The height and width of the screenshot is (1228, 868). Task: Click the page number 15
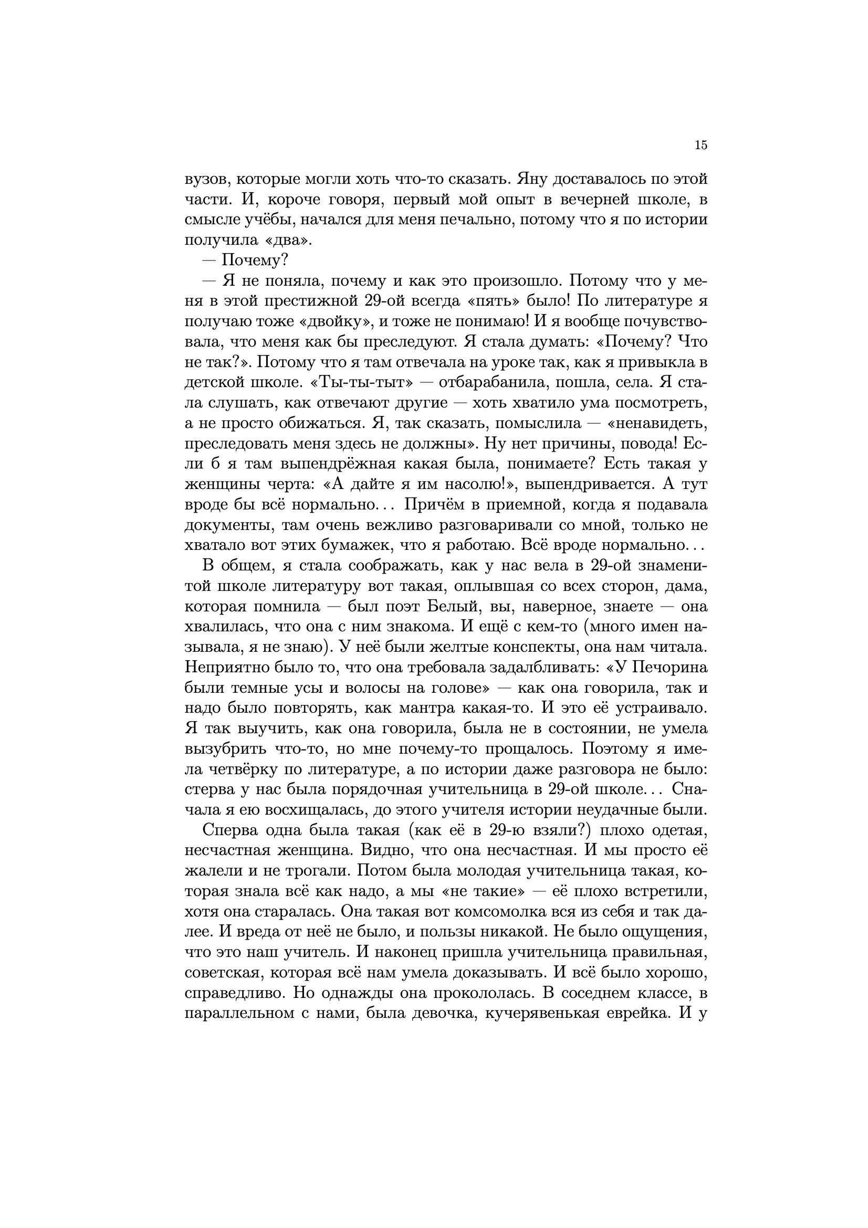pyautogui.click(x=700, y=145)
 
